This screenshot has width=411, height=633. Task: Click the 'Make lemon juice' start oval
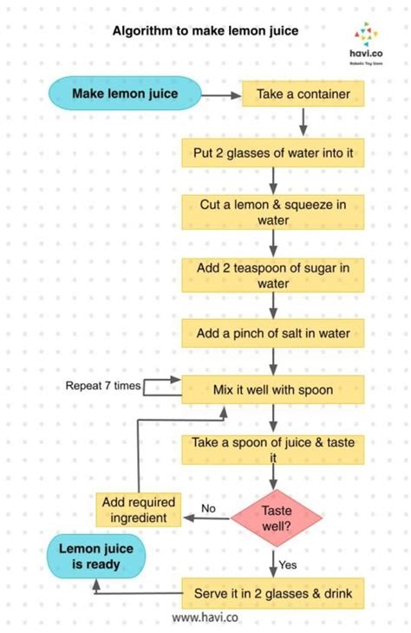click(x=124, y=93)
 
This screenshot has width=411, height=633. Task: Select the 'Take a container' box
click(x=303, y=94)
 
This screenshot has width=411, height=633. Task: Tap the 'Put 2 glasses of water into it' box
click(x=273, y=154)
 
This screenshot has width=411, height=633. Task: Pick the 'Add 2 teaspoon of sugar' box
click(x=273, y=275)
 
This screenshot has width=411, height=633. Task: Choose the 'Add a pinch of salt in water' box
click(x=273, y=333)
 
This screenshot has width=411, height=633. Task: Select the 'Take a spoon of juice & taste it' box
click(x=273, y=448)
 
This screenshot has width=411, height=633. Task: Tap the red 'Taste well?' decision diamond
click(x=277, y=518)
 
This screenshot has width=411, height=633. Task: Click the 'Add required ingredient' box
click(x=137, y=510)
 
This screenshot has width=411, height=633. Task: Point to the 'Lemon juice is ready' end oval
click(x=95, y=556)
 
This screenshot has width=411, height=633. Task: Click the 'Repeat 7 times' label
click(x=102, y=386)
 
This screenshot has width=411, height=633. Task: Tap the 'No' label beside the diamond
click(x=208, y=507)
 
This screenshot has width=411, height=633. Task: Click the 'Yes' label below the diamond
click(x=288, y=564)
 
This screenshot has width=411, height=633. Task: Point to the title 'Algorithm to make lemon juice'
click(x=205, y=30)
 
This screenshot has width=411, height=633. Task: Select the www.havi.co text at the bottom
click(x=205, y=617)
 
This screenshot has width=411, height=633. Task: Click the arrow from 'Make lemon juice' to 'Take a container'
click(x=221, y=94)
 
